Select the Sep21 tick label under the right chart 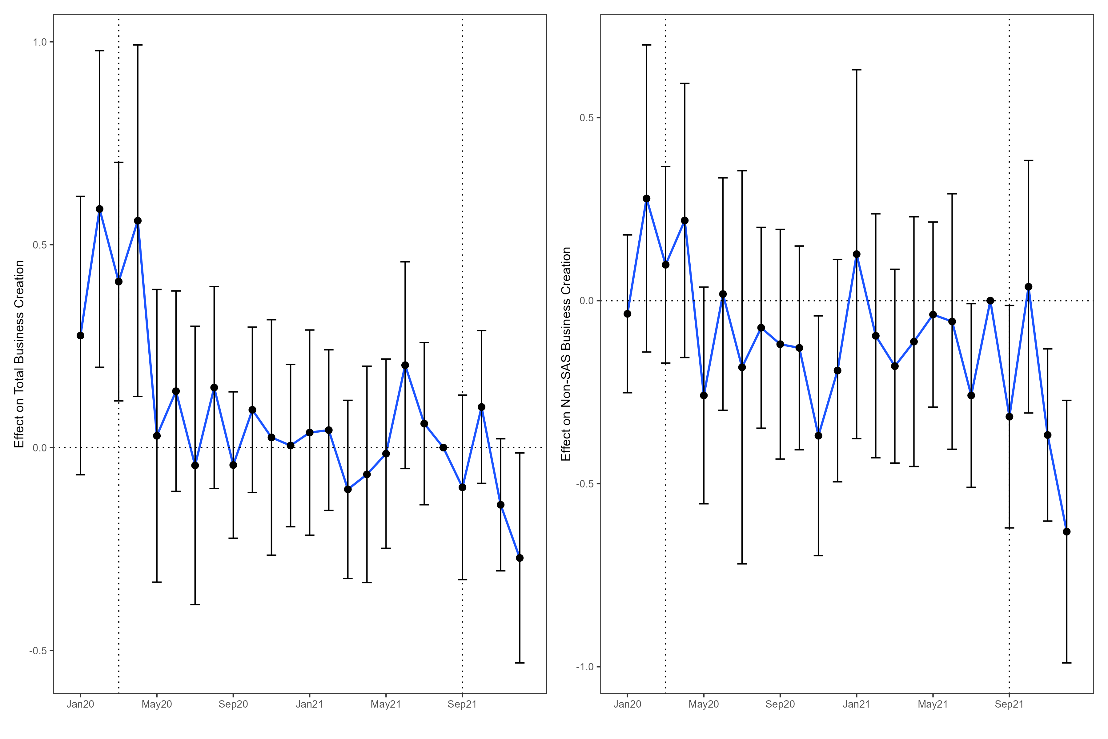pyautogui.click(x=1009, y=705)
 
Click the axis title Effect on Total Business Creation pyautogui.click(x=19, y=354)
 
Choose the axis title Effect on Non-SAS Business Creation pyautogui.click(x=566, y=354)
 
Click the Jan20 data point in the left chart pyautogui.click(x=81, y=336)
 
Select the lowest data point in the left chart pyautogui.click(x=520, y=558)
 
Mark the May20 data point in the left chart pyautogui.click(x=157, y=436)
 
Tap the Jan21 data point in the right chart pyautogui.click(x=857, y=255)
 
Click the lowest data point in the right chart pyautogui.click(x=1066, y=532)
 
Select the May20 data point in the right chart pyautogui.click(x=704, y=395)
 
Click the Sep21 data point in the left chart pyautogui.click(x=462, y=487)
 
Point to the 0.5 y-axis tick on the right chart pyautogui.click(x=587, y=118)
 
